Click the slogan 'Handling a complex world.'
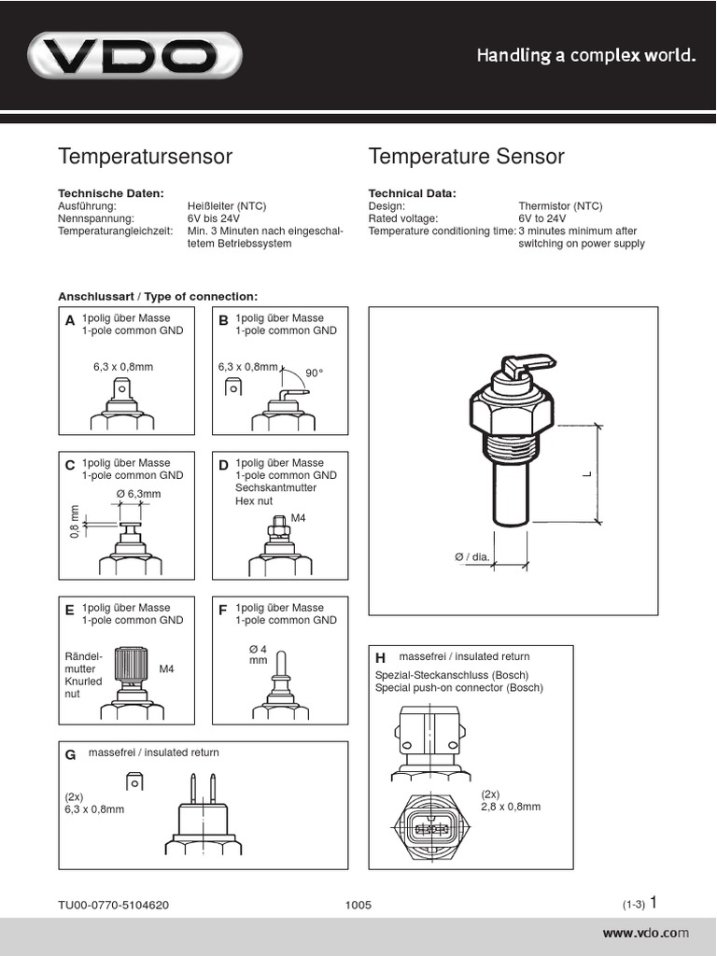click(587, 56)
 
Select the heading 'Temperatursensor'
click(145, 157)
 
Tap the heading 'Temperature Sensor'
click(466, 157)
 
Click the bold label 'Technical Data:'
click(413, 193)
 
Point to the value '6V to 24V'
click(543, 218)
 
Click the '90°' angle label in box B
click(315, 373)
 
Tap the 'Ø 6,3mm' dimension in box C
click(138, 494)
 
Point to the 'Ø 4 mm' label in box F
click(258, 654)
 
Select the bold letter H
click(380, 659)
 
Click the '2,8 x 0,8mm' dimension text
click(511, 806)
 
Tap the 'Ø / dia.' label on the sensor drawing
click(472, 557)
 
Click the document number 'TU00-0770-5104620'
click(113, 905)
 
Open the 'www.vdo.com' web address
click(645, 933)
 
